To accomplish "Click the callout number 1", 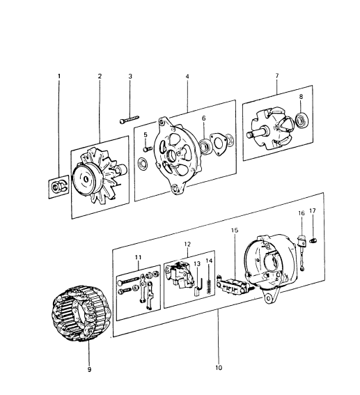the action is (x=59, y=76).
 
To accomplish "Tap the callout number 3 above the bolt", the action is (x=130, y=76).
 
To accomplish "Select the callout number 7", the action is (x=277, y=75).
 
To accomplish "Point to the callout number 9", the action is (x=89, y=369).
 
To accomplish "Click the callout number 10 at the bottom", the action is (x=219, y=368).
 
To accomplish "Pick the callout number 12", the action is (x=187, y=244).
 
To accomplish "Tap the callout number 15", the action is (x=235, y=231).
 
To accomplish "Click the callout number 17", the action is (x=313, y=210).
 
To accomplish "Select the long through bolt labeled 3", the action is (x=130, y=119).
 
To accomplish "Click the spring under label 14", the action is (x=208, y=287).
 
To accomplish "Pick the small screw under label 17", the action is (x=313, y=240).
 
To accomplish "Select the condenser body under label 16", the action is (x=302, y=240).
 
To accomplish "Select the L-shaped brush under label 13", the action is (x=198, y=285).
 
